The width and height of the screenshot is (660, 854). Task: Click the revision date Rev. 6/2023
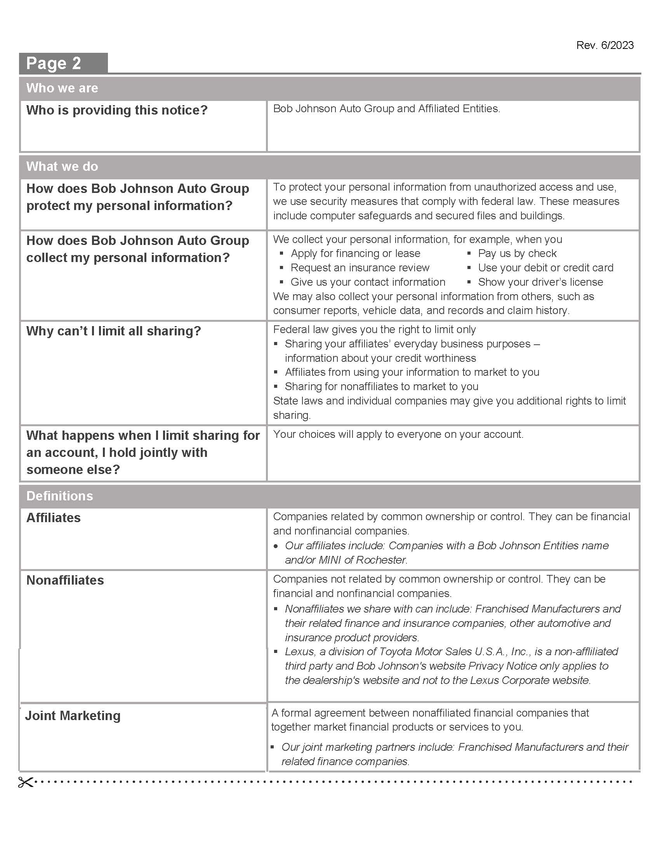tap(604, 45)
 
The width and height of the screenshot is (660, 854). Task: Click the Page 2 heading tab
tap(54, 63)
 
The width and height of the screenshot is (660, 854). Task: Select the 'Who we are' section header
tap(62, 88)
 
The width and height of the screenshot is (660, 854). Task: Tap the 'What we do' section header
tap(62, 167)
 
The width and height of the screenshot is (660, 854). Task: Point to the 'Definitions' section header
tap(59, 496)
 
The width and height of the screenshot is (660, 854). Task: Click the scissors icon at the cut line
tap(25, 782)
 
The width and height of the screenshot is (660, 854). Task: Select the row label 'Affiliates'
tap(54, 518)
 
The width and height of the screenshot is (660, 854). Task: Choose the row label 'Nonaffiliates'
tap(65, 580)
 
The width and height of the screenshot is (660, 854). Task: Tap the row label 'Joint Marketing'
tap(73, 715)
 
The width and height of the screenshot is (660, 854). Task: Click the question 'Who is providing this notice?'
tap(117, 110)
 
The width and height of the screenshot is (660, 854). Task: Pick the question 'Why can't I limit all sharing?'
tap(113, 331)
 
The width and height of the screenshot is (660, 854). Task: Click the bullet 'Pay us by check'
tap(517, 253)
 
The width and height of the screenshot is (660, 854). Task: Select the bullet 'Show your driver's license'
tap(540, 282)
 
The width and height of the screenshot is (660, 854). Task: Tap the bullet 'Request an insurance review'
tap(360, 268)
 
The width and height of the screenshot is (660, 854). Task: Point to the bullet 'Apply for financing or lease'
tap(355, 253)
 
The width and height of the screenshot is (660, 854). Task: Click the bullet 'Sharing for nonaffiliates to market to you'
tap(381, 387)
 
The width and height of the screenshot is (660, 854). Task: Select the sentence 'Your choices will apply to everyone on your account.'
tap(398, 434)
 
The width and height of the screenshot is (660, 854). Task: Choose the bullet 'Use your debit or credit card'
tap(545, 268)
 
